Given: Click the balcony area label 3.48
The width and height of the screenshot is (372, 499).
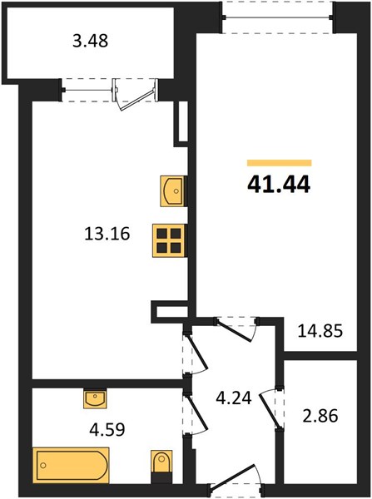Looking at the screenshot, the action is (91, 41).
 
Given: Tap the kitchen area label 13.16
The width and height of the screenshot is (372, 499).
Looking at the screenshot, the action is (107, 234).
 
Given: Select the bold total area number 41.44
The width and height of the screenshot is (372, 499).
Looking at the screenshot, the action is (279, 185).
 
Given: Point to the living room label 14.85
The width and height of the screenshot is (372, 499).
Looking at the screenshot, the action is (320, 331).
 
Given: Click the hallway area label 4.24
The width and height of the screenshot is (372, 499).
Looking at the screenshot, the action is (234, 398).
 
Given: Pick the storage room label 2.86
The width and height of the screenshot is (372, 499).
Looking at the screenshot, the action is (320, 416).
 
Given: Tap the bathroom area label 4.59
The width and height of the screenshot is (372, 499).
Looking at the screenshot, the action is (107, 429).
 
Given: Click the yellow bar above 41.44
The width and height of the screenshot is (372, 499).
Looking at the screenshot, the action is (280, 163).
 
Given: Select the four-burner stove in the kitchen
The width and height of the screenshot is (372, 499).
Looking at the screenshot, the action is (169, 240).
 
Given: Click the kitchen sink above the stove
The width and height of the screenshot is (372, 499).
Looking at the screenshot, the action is (172, 191).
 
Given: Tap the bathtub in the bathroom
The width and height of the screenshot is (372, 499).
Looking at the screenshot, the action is (71, 465).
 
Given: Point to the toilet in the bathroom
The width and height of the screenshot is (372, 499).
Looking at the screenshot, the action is (161, 462).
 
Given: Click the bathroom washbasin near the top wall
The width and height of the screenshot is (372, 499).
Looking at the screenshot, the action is (95, 398).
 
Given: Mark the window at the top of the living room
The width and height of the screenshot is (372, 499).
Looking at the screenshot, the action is (277, 17).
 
